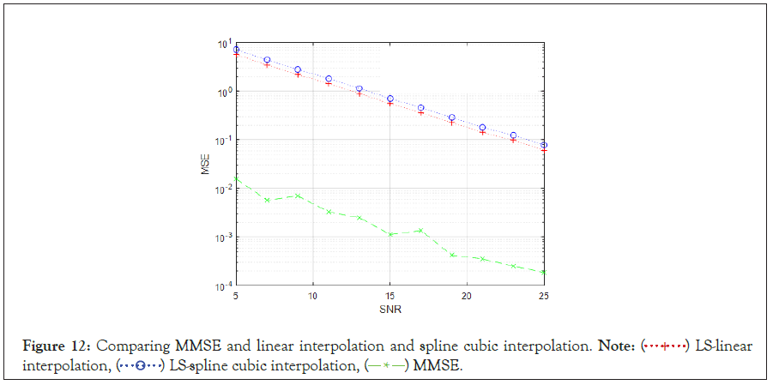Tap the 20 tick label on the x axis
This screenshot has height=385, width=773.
467,296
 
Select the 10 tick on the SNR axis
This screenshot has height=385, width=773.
313,296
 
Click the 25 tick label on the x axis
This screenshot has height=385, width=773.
543,296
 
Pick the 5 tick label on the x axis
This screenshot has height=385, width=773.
236,296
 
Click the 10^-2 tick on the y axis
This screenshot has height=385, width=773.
222,189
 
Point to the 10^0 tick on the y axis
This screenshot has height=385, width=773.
222,92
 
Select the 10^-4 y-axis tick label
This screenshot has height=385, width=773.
222,286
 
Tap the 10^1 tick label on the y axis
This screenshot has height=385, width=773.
222,44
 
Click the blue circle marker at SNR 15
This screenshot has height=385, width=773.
390,99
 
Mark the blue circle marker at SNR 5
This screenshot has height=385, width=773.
236,50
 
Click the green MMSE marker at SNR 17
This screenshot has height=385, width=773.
420,230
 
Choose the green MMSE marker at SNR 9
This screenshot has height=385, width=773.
298,196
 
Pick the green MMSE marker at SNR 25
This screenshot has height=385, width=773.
544,272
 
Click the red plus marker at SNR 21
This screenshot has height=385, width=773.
482,132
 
